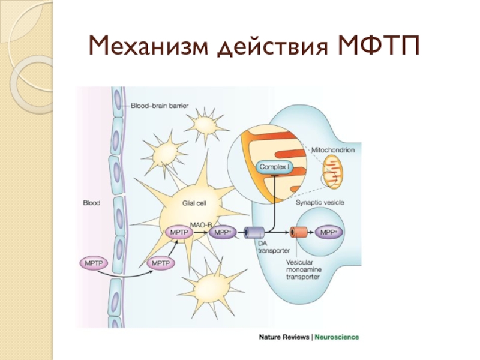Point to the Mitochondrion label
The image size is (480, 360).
(332, 149)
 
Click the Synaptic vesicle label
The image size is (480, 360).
(320, 203)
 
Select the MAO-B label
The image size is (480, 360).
(201, 224)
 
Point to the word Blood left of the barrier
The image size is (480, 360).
(91, 203)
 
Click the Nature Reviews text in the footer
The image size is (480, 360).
(284, 337)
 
